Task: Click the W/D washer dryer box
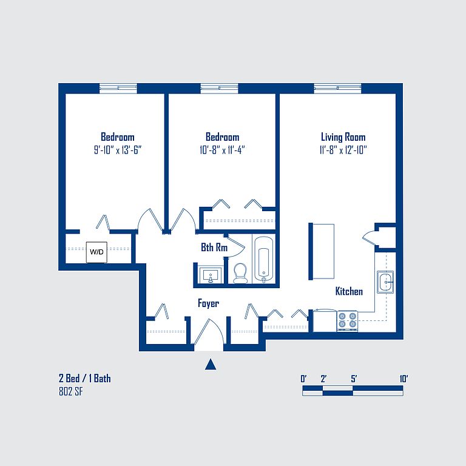[x=96, y=252]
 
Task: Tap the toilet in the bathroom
[x=240, y=274]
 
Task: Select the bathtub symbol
[x=263, y=259]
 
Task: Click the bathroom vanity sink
[x=211, y=275]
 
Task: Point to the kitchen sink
[x=385, y=282]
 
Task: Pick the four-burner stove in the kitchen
[x=348, y=321]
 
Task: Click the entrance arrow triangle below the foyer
[x=211, y=364]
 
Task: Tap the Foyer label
[x=208, y=303]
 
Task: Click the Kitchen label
[x=349, y=291]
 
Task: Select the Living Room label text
[x=343, y=137]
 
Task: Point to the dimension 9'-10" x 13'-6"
[x=118, y=150]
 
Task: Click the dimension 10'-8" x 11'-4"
[x=222, y=150]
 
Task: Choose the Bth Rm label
[x=214, y=248]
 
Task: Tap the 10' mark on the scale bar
[x=404, y=379]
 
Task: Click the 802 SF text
[x=71, y=392]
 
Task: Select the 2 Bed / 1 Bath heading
[x=85, y=379]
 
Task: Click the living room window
[x=337, y=88]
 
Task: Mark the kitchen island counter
[x=322, y=251]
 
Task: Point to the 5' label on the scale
[x=354, y=379]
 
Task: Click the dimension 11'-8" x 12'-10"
[x=343, y=150]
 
